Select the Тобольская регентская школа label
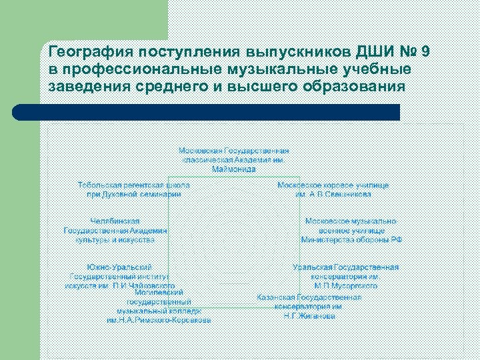pyautogui.click(x=134, y=184)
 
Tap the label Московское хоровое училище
pyautogui.click(x=333, y=185)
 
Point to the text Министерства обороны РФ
pyautogui.click(x=351, y=239)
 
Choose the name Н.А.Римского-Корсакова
pyautogui.click(x=159, y=320)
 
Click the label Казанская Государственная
pyautogui.click(x=309, y=297)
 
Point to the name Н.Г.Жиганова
pyautogui.click(x=309, y=316)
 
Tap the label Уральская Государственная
pyautogui.click(x=346, y=267)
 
